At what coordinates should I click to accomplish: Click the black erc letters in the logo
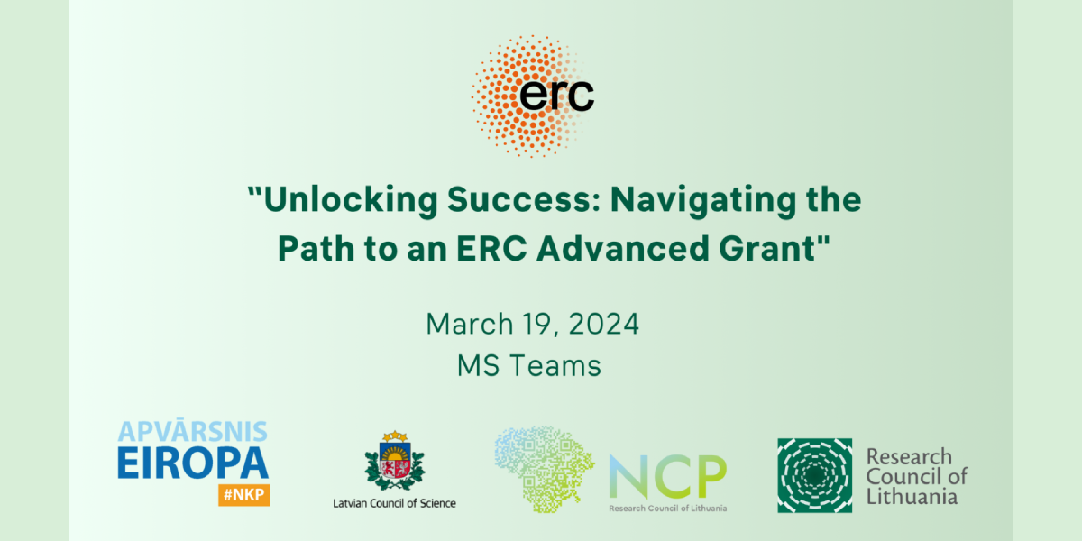coord(556,96)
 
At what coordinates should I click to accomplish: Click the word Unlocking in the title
coord(351,200)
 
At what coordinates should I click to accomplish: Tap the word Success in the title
coord(524,199)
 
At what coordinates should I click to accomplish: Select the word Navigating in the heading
coord(702,200)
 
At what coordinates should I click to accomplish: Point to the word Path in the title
coord(316,248)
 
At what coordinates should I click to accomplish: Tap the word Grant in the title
coord(767,248)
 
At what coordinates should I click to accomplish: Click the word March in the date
coord(470,324)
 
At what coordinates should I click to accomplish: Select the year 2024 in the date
coord(603,324)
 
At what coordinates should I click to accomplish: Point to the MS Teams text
coord(529,366)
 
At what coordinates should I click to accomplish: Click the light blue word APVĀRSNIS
coord(193,430)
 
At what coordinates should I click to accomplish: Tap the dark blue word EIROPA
coord(193,463)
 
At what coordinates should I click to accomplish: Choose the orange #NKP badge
coord(244,495)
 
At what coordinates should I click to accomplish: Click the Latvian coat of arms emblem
coord(395,461)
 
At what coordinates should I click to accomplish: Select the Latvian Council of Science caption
coord(394,503)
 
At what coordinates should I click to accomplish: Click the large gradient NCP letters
coord(668,476)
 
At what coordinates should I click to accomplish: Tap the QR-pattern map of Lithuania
coord(545,469)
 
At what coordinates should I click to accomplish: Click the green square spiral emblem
coord(815,475)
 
